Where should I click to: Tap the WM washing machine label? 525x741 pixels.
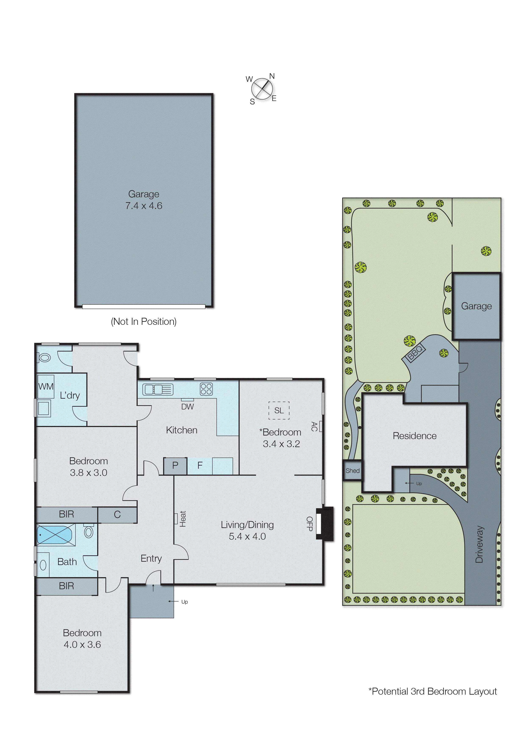click(46, 387)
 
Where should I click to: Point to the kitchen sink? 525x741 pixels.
click(158, 389)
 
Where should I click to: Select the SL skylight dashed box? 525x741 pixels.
click(279, 411)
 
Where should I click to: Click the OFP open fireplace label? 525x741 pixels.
click(309, 524)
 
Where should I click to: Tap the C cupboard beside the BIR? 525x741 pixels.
click(117, 514)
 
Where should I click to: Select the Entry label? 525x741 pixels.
click(151, 559)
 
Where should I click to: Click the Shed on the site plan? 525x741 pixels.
click(352, 470)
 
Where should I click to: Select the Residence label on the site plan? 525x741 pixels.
click(414, 436)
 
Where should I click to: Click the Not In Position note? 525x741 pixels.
click(144, 322)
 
